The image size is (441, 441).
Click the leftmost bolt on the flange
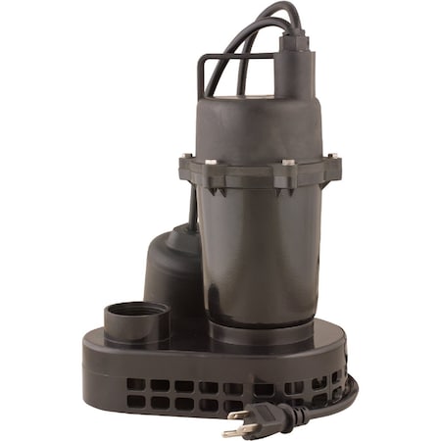point(186,160)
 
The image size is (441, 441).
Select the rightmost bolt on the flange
point(334,157)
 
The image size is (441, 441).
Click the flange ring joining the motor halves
point(260,173)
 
